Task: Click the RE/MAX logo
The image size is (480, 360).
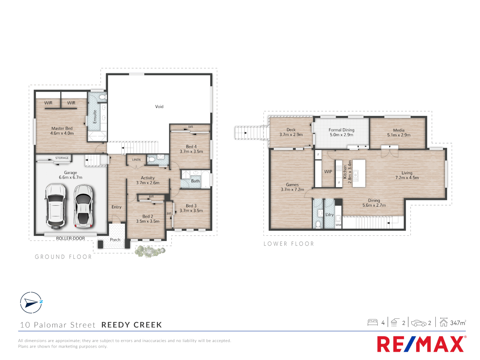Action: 421,344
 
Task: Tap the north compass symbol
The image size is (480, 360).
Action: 31,303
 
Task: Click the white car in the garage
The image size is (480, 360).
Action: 56,206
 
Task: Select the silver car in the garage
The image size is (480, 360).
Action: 83,206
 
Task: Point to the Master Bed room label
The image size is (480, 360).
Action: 62,128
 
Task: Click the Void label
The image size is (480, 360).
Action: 159,107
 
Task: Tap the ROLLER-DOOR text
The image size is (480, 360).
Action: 70,238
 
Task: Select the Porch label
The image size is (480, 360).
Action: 115,240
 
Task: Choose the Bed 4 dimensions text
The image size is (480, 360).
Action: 191,151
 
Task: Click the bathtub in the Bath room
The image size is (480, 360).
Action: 206,180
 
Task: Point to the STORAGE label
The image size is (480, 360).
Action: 62,158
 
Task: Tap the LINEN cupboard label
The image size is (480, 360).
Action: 136,160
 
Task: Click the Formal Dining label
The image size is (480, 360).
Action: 341,130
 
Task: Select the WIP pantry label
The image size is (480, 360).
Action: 328,172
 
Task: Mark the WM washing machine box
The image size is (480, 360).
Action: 338,225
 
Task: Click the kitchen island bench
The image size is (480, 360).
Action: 359,173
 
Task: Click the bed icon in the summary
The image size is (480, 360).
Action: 373,322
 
